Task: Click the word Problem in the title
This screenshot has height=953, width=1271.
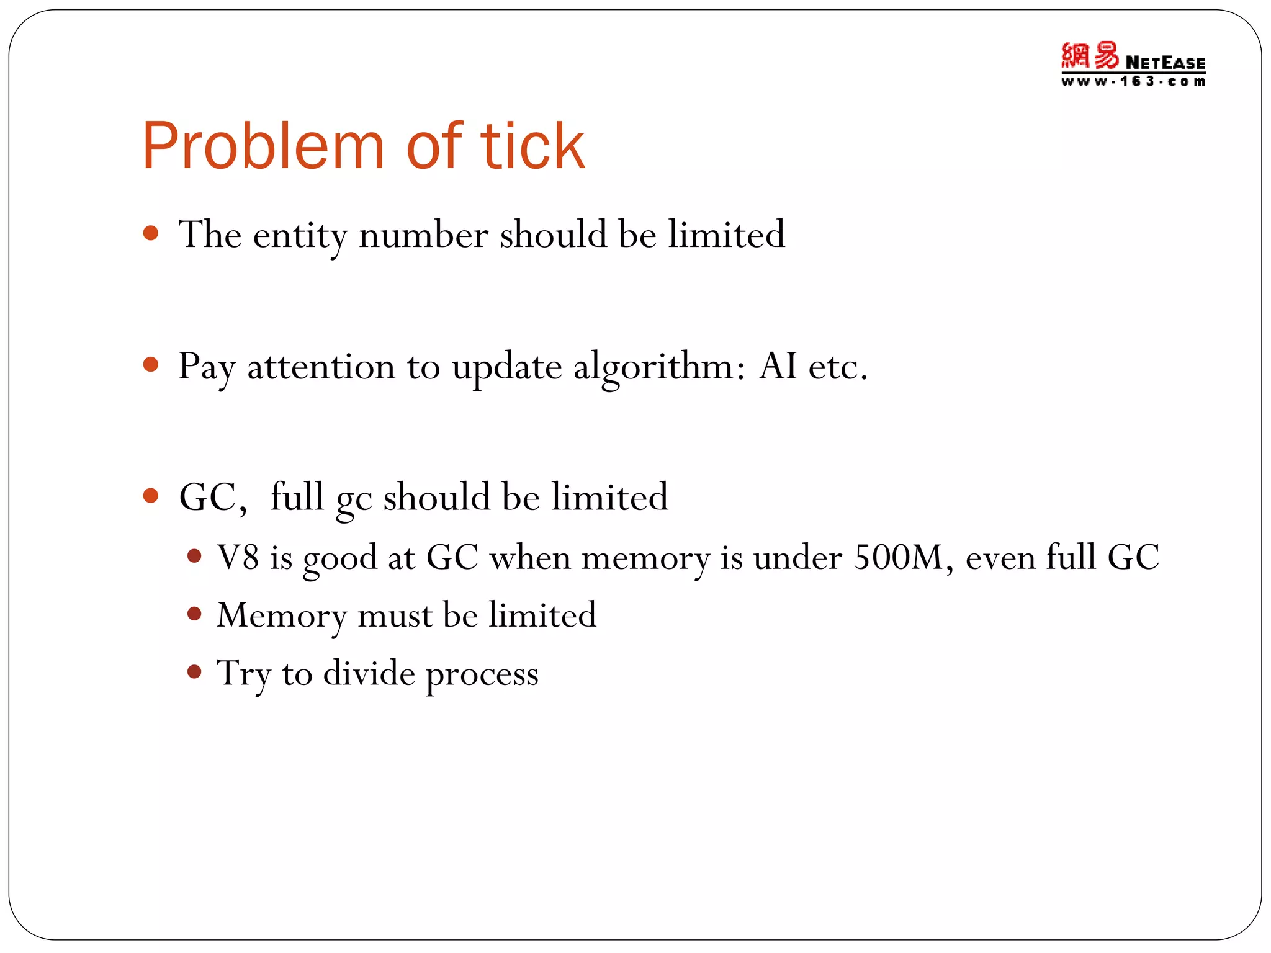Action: click(x=264, y=146)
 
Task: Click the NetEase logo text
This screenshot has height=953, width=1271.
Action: click(x=1165, y=63)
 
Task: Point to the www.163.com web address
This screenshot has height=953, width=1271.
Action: click(x=1133, y=82)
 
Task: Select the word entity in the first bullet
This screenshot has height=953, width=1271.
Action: click(x=299, y=236)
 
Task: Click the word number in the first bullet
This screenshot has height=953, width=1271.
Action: click(x=423, y=236)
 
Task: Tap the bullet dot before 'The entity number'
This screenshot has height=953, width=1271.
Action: click(x=151, y=233)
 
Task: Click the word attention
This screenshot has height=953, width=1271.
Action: click(x=321, y=367)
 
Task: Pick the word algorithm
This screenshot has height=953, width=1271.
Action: click(x=659, y=367)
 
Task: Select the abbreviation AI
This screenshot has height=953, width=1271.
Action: click(x=778, y=366)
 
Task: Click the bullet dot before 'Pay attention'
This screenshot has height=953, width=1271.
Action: click(x=151, y=364)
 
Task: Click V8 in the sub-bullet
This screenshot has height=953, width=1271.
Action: click(x=238, y=557)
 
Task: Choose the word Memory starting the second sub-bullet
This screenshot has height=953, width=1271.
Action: click(x=281, y=615)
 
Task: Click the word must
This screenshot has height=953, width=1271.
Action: click(x=395, y=615)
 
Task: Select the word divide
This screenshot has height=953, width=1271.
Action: click(x=369, y=673)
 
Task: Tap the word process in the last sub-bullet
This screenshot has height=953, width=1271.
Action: click(x=482, y=675)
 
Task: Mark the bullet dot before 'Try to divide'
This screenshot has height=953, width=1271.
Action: click(x=194, y=671)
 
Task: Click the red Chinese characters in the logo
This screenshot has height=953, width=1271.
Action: click(x=1089, y=56)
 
